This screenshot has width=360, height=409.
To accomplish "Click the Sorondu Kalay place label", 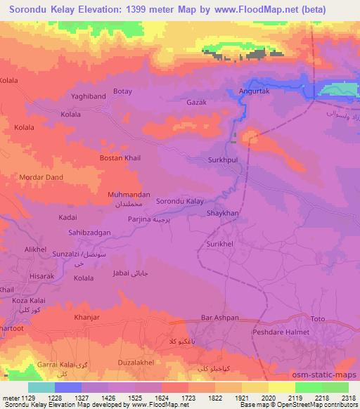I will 179,201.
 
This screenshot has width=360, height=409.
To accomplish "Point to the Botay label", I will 122,91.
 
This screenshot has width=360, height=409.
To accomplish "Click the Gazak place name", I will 196,103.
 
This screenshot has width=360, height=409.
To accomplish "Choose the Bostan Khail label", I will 120,158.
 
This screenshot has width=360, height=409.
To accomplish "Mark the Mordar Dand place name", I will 41,177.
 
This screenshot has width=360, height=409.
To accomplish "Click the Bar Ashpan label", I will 222,318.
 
